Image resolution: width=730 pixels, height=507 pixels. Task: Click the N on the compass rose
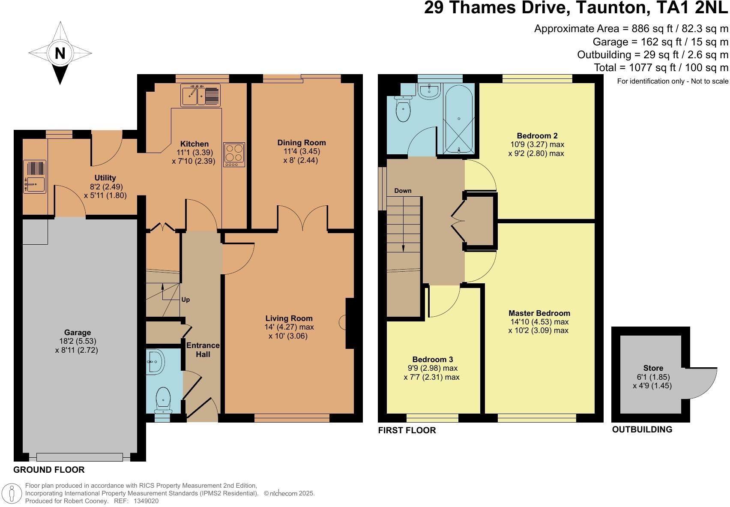click(60, 54)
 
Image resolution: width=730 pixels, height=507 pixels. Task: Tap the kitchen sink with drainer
click(200, 95)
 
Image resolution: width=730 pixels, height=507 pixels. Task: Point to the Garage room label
click(78, 332)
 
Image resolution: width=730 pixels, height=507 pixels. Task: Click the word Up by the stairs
click(185, 300)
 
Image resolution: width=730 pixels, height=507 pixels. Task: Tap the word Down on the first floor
click(403, 191)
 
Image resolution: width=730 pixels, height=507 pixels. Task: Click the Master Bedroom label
click(539, 313)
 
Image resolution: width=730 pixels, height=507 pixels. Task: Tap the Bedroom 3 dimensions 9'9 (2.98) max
click(432, 368)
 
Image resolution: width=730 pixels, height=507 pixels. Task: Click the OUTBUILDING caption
click(642, 429)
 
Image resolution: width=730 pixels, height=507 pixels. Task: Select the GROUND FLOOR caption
click(49, 470)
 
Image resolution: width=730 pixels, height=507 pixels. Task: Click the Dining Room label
click(302, 143)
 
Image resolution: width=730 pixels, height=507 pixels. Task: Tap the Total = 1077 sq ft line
click(661, 67)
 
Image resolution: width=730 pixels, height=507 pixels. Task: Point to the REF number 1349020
click(146, 501)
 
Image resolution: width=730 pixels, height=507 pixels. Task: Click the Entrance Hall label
click(203, 350)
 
